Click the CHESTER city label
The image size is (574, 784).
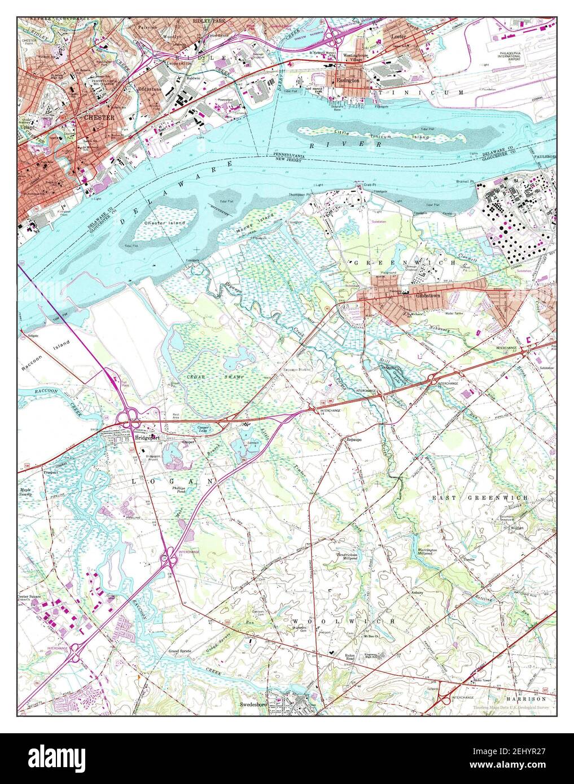(x=99, y=117)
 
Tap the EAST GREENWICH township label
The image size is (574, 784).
(x=480, y=498)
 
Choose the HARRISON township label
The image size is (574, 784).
(x=527, y=698)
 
